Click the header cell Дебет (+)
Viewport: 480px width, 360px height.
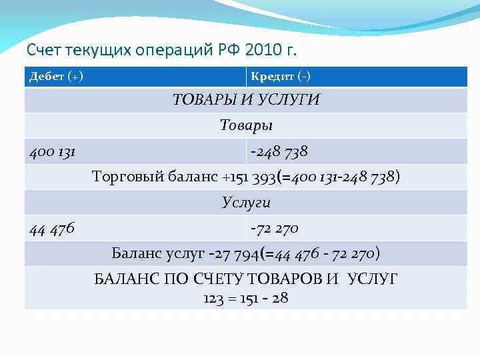tap(56, 77)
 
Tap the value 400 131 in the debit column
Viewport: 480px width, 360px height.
tap(52, 152)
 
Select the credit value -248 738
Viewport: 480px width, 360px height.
tap(279, 152)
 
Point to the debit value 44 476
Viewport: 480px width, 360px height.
tap(52, 229)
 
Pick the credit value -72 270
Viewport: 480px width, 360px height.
tap(274, 229)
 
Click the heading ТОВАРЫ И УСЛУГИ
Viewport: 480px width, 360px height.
tap(246, 100)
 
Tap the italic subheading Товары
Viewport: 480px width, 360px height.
tap(246, 125)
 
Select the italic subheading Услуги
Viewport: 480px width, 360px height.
tap(246, 203)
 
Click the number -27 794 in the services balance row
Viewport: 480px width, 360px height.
tap(237, 254)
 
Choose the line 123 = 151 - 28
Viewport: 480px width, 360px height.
tap(246, 298)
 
